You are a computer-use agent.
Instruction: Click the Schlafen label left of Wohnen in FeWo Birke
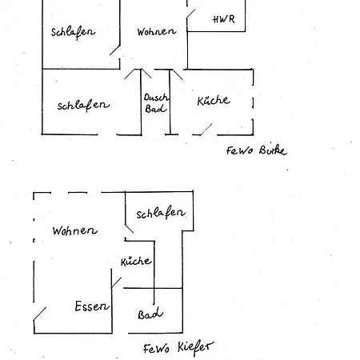pyautogui.click(x=73, y=32)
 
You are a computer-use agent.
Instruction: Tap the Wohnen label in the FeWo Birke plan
pyautogui.click(x=155, y=32)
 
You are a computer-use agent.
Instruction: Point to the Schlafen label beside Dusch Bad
pyautogui.click(x=83, y=105)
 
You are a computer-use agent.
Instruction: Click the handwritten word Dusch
pyautogui.click(x=155, y=98)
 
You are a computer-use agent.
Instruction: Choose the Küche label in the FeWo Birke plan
pyautogui.click(x=213, y=101)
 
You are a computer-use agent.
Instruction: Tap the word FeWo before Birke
pyautogui.click(x=238, y=150)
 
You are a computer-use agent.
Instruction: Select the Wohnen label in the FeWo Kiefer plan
pyautogui.click(x=74, y=230)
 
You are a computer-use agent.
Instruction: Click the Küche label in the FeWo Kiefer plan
pyautogui.click(x=136, y=262)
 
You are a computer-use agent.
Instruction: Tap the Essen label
pyautogui.click(x=91, y=306)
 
